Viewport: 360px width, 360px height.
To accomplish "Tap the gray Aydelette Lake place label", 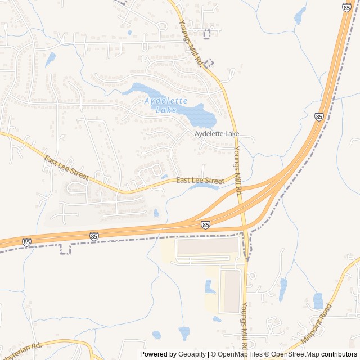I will (217, 134).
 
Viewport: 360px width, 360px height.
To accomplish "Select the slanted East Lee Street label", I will (66, 168).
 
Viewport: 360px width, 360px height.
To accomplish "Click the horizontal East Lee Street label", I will (200, 181).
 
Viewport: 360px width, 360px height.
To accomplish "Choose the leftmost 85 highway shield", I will (27, 242).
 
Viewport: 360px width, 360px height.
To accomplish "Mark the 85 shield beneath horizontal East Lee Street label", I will (205, 224).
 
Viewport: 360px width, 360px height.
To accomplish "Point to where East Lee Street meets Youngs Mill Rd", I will (236, 175).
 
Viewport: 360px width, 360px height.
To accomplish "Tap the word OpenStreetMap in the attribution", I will (296, 354).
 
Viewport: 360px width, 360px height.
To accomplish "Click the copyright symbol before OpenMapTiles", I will (212, 354).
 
